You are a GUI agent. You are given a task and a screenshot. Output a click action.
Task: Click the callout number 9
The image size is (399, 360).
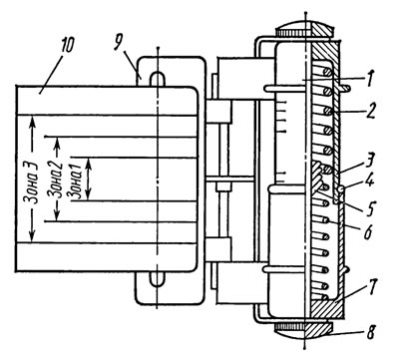118,43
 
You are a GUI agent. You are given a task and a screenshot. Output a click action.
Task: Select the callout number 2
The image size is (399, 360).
371,111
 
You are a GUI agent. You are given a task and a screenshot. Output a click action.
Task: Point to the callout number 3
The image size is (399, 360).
369,161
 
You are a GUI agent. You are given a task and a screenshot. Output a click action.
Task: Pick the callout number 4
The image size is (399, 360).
369,181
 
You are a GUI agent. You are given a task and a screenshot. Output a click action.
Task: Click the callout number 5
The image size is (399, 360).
370,206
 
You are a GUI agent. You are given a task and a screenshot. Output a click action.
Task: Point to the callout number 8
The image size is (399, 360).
371,331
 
